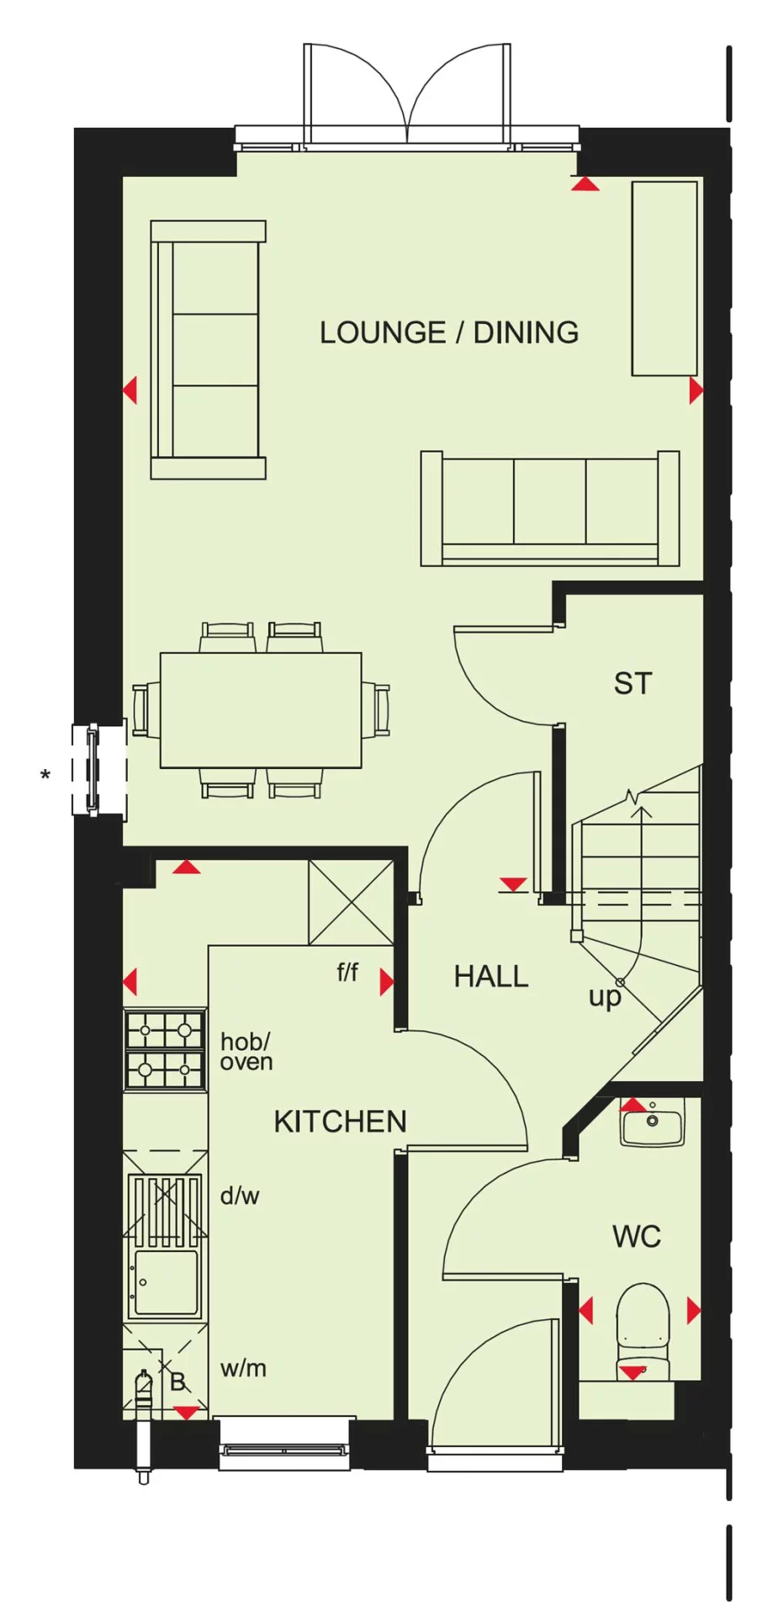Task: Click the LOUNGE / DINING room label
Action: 448,332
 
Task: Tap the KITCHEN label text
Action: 340,1121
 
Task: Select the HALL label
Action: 490,976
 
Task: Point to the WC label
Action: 636,1236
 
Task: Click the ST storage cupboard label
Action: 633,683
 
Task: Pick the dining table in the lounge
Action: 261,710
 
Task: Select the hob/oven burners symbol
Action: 165,1051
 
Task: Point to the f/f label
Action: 347,973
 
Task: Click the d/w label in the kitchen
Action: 240,1195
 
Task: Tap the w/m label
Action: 243,1368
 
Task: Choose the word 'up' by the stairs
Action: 604,997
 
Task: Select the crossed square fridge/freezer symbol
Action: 351,902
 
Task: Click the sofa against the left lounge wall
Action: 208,350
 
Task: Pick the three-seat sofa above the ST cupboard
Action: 549,510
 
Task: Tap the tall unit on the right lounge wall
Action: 664,279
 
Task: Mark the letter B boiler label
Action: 177,1382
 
